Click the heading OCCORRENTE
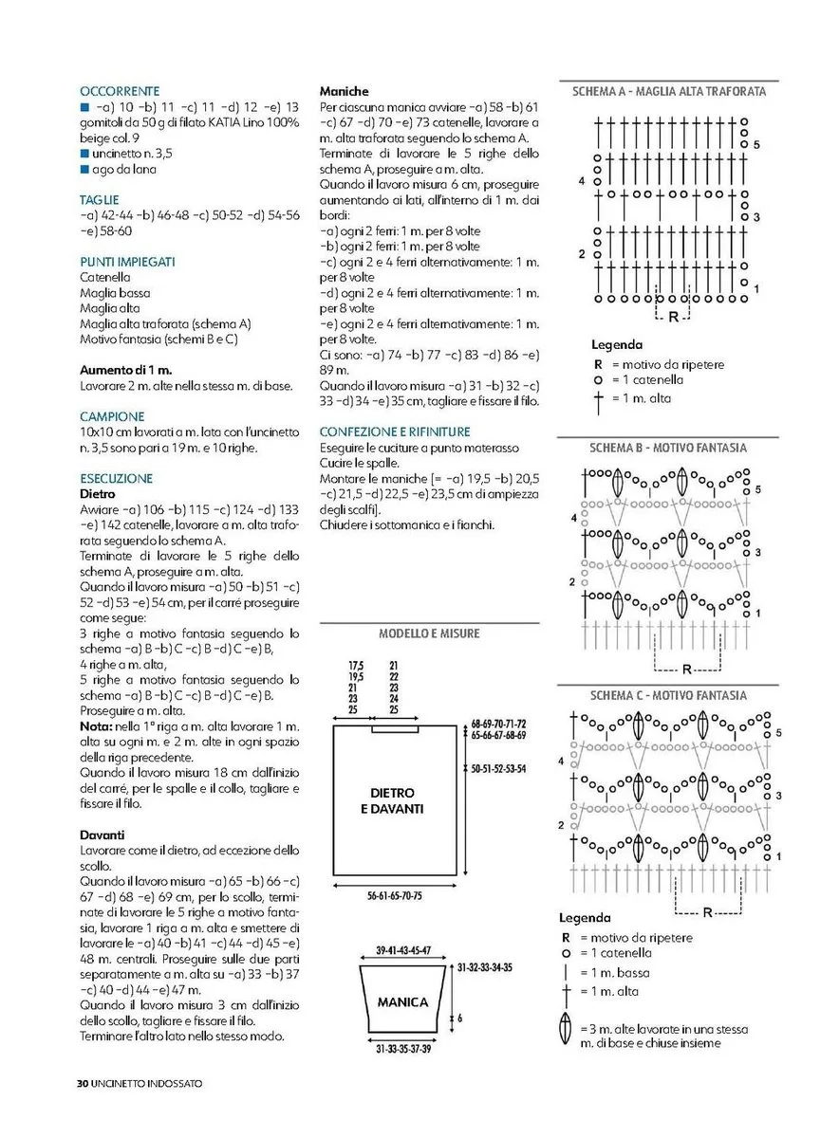click(120, 91)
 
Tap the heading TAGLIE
click(100, 200)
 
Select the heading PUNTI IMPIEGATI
click(127, 261)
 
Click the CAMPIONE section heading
click(112, 416)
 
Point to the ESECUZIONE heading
click(116, 478)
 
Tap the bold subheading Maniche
click(345, 91)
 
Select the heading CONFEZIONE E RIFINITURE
click(395, 431)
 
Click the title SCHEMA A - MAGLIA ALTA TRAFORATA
click(669, 92)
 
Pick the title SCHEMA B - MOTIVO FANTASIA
click(668, 448)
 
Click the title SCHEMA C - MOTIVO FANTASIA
click(668, 695)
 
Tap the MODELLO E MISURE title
click(429, 633)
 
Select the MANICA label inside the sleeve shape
click(402, 1001)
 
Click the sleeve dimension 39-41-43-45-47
click(402, 949)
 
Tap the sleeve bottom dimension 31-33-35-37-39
click(402, 1048)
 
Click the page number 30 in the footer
click(83, 1082)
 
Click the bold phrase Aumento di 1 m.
click(125, 370)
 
